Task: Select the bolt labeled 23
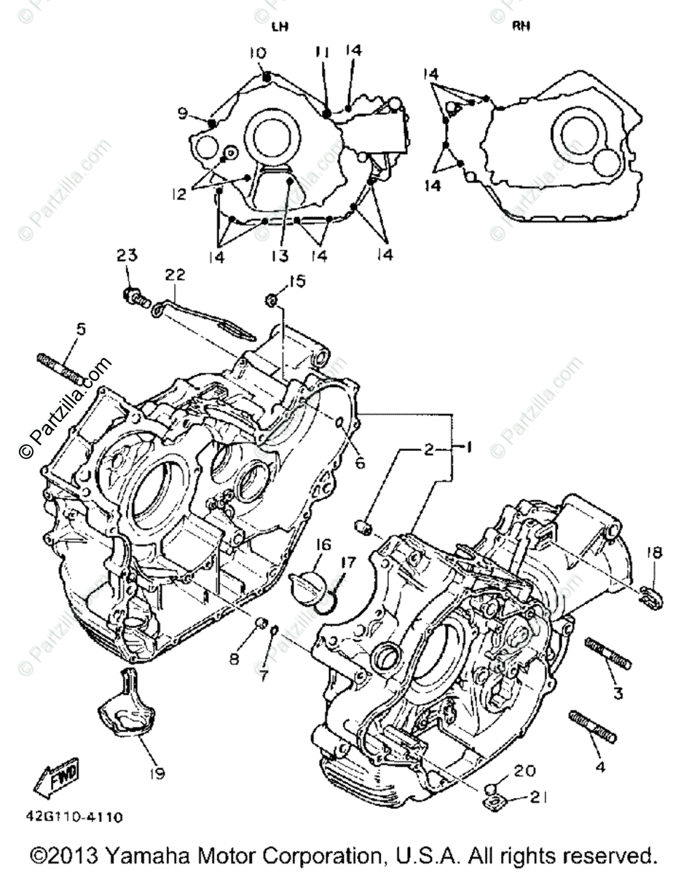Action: (x=135, y=297)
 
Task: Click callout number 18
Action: (x=653, y=554)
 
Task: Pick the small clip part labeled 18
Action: (x=650, y=595)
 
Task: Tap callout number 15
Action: (x=298, y=280)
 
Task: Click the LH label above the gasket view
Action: (x=280, y=27)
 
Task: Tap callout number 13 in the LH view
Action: (x=280, y=255)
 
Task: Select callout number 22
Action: (x=175, y=275)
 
